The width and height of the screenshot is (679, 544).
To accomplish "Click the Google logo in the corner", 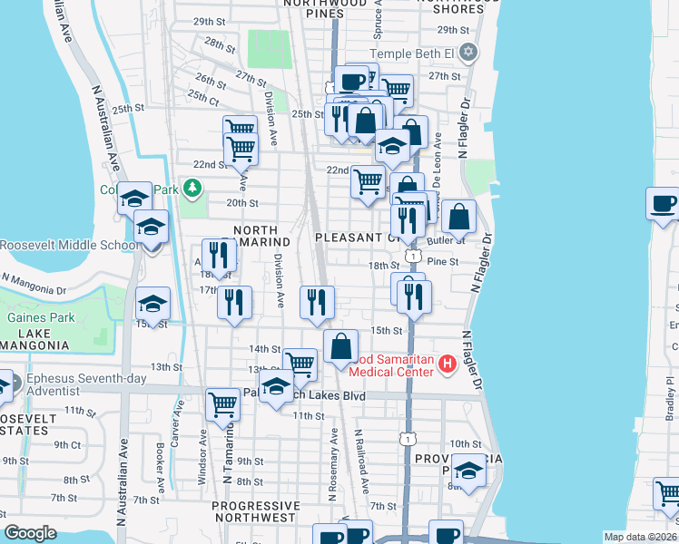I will [31, 533].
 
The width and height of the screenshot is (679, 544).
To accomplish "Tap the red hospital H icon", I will [446, 364].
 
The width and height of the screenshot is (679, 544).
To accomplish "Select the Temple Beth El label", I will [418, 53].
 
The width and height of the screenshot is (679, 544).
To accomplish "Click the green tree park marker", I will [192, 189].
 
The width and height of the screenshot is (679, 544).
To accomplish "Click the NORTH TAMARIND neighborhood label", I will [261, 237].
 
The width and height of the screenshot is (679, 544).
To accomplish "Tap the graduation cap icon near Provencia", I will [468, 472].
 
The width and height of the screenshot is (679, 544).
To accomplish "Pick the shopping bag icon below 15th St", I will [340, 346].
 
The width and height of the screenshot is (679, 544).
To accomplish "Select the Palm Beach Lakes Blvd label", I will [318, 396].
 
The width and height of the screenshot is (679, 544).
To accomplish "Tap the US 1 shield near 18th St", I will [413, 257].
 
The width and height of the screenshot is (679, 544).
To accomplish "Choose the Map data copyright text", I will [641, 537].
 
